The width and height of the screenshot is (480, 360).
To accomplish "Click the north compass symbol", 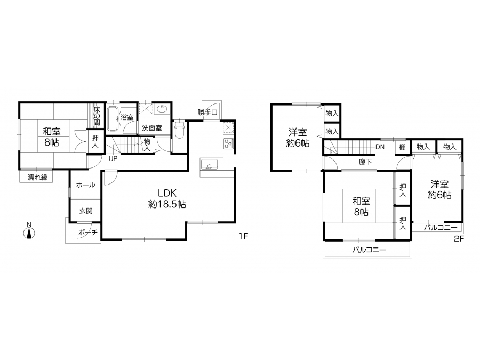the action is [29, 233].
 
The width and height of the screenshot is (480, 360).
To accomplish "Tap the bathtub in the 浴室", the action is [113, 119].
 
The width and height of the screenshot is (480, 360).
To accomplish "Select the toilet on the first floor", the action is [179, 130].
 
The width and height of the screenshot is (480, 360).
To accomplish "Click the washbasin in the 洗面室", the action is [161, 109].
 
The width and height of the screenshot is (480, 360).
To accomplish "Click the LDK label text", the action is [167, 193].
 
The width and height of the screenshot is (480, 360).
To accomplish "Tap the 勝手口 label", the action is [207, 113].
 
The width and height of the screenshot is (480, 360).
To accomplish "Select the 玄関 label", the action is [86, 211].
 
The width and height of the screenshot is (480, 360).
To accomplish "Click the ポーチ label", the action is [88, 233].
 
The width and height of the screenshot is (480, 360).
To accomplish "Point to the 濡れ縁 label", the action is [37, 177].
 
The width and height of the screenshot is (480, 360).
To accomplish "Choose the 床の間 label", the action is [97, 116].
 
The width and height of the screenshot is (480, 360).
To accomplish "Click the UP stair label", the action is [113, 159].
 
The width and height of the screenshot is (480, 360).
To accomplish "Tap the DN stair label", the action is [380, 147].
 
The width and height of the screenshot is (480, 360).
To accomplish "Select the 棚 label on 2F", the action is [402, 147].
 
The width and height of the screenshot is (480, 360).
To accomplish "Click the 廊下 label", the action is [365, 162].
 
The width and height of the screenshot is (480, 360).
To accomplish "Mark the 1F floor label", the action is [243, 236].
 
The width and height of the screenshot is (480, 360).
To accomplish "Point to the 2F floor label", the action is [459, 239].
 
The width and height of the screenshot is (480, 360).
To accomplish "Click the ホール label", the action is [85, 185].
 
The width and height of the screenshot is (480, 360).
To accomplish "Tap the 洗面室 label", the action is [152, 127].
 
